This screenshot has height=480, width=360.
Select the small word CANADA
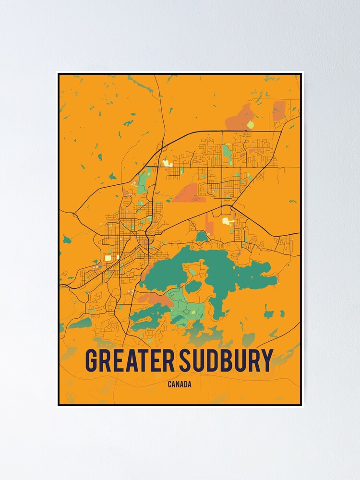pyautogui.click(x=180, y=384)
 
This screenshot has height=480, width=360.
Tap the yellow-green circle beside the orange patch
pyautogui.click(x=250, y=125)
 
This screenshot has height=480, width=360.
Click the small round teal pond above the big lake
pyautogui.click(x=202, y=236)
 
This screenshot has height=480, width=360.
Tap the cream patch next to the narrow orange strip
pyautogui.click(x=226, y=221)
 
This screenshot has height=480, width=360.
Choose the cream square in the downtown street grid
pyautogui.click(x=108, y=258)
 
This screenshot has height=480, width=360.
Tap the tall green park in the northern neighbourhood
pyautogui.click(x=226, y=151)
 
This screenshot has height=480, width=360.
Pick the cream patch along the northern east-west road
pyautogui.click(x=167, y=163)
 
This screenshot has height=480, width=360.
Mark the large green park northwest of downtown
pyautogui.click(x=144, y=178)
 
